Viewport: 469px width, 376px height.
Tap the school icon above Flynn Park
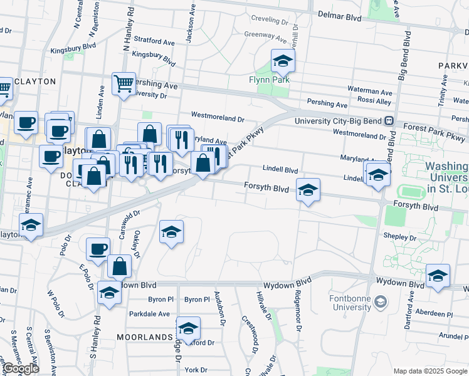[283, 62]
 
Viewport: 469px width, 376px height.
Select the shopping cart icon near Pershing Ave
[124, 83]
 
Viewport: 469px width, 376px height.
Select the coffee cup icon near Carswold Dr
[98, 249]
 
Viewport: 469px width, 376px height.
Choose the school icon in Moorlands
[188, 328]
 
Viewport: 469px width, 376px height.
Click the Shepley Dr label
[404, 238]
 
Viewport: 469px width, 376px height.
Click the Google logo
[21, 369]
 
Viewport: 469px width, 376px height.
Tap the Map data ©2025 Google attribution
[430, 371]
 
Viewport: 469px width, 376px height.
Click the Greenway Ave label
[263, 34]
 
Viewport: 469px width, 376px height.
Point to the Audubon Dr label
[221, 308]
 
